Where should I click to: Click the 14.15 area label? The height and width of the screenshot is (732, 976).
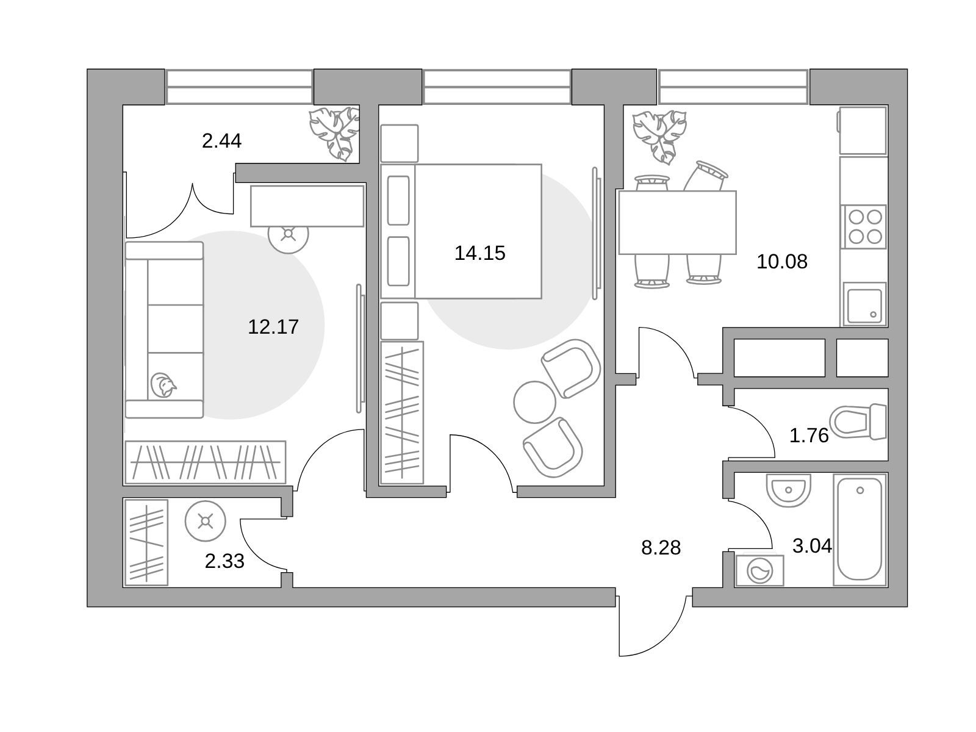[x=479, y=253]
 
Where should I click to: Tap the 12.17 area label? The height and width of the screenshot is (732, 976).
[x=273, y=327]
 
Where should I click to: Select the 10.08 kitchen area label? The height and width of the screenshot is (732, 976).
[x=781, y=261]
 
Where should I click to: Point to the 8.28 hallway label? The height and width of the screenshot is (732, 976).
[x=660, y=548]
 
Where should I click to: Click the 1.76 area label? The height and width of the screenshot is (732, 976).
[x=809, y=436]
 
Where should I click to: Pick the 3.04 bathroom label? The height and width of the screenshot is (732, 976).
[x=812, y=546]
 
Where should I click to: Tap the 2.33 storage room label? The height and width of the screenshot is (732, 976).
[x=224, y=561]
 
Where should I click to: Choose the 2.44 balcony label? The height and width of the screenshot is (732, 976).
[x=221, y=141]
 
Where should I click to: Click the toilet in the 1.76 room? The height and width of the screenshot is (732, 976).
[x=858, y=422]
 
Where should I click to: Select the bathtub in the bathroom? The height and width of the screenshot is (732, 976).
[x=859, y=529]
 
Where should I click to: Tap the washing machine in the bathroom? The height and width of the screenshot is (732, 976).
[x=759, y=570]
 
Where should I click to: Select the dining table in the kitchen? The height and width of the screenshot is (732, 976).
[x=677, y=222]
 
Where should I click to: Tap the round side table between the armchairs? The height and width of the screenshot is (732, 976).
[x=534, y=402]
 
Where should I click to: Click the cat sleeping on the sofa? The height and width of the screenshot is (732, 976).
[x=163, y=385]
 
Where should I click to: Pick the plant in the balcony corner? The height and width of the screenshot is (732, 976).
[x=334, y=133]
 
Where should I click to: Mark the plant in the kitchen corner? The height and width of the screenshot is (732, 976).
[x=659, y=137]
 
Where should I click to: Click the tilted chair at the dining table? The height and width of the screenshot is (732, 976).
[x=706, y=176]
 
